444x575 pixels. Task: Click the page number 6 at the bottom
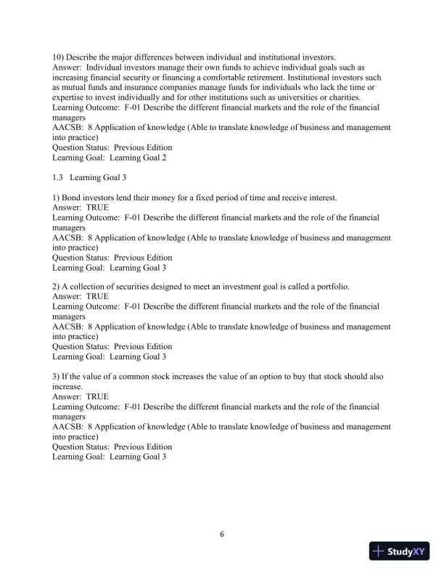click(x=222, y=534)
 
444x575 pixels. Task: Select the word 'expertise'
click(x=70, y=97)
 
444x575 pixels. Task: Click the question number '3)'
click(x=57, y=377)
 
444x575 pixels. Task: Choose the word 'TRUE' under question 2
click(x=97, y=297)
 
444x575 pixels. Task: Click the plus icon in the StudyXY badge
click(x=378, y=551)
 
